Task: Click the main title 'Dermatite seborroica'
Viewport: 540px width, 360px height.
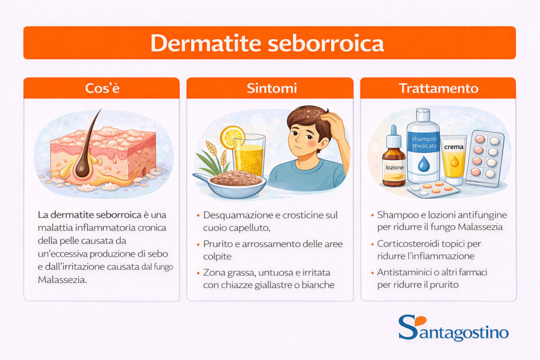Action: [x=269, y=43]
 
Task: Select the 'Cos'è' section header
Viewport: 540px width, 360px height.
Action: [x=102, y=88]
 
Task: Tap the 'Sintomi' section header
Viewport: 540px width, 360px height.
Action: [x=269, y=88]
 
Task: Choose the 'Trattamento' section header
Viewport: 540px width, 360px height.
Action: [x=438, y=88]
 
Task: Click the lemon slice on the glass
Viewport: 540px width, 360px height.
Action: [x=232, y=137]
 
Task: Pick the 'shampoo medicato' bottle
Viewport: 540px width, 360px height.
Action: [x=423, y=148]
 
